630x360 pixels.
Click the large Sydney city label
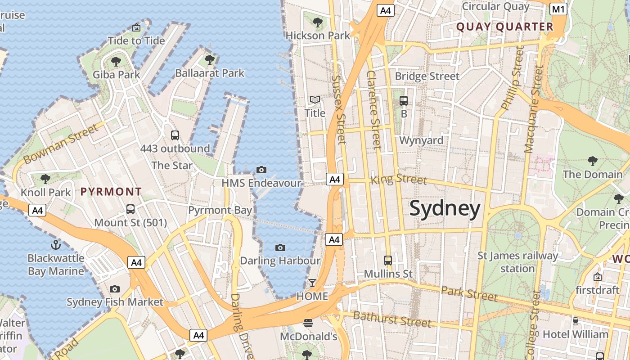(x=445, y=209)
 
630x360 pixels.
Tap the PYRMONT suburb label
(x=111, y=192)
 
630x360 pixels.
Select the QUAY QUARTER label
(x=504, y=27)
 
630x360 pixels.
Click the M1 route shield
(x=558, y=9)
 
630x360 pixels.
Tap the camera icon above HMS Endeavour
(x=261, y=170)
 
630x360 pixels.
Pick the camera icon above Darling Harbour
(x=280, y=247)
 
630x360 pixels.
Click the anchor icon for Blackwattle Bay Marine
(x=56, y=245)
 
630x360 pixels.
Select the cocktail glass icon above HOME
(x=312, y=283)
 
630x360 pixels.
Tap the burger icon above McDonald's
(x=308, y=323)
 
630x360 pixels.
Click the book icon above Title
(x=315, y=99)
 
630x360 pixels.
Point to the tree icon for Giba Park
(x=116, y=61)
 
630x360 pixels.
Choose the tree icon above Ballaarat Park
(x=209, y=59)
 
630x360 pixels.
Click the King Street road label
(x=398, y=180)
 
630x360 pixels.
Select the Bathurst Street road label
(x=392, y=319)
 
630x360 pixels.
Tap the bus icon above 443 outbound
(x=175, y=135)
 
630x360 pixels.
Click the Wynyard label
(x=421, y=140)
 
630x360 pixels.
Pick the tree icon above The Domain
(x=593, y=161)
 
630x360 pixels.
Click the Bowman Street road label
(x=60, y=144)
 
